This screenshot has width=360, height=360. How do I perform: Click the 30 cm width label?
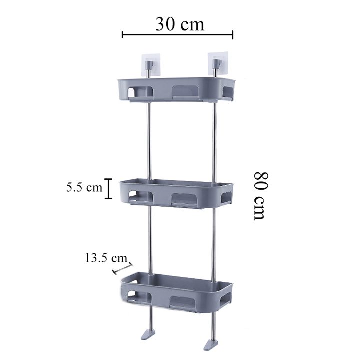(x=179, y=23)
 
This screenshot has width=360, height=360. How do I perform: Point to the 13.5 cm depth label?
(x=106, y=258)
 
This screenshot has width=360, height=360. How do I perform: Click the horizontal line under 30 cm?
(x=177, y=35)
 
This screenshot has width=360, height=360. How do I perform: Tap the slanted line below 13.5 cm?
(x=122, y=268)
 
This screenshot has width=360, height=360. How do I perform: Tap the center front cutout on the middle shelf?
(x=186, y=199)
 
